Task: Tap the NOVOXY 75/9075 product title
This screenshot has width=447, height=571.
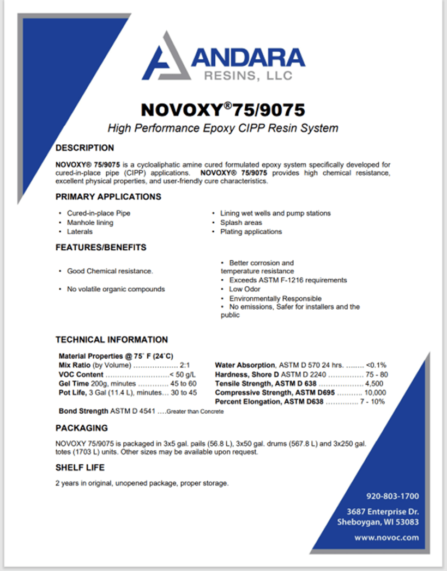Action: coord(223,109)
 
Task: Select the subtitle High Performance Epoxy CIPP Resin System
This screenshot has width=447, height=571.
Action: coord(223,128)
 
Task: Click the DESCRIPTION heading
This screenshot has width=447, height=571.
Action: coord(84,148)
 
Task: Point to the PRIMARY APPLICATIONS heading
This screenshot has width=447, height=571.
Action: coord(108,197)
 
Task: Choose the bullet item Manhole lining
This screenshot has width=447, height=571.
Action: coord(90,223)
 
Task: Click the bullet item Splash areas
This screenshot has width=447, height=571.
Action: coord(241,223)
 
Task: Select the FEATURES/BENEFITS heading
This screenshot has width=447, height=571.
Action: coord(101,247)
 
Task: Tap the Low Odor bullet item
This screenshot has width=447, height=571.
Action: coord(244,289)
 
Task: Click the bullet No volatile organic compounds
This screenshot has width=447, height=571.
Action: coord(116,289)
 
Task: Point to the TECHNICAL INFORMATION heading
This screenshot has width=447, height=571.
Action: coord(112,340)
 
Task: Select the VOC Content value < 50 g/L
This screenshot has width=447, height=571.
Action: coord(183,374)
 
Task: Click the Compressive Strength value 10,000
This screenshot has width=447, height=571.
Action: coord(375,392)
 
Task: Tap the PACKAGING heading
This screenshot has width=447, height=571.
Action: coord(81,428)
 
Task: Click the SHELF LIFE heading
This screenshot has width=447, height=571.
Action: coord(80,468)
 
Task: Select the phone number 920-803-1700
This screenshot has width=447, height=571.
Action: coord(392,496)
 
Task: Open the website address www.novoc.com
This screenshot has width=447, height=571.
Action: coord(386,537)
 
